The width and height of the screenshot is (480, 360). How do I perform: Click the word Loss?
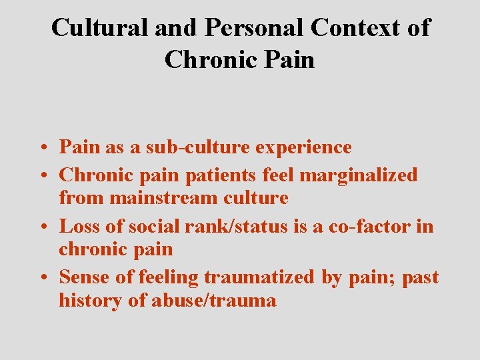pyautogui.click(x=80, y=227)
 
